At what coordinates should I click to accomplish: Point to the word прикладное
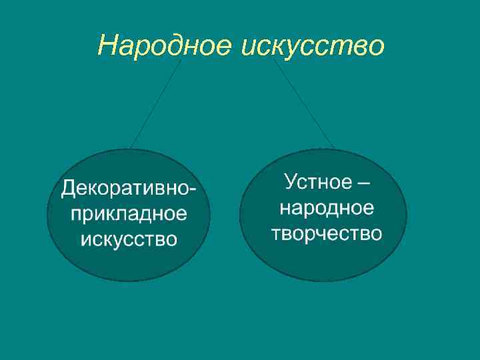click(128, 213)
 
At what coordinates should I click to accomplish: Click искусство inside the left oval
click(128, 238)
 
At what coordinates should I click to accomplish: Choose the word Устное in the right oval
click(315, 181)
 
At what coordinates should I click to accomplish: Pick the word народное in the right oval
click(327, 207)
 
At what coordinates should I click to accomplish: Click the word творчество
click(327, 233)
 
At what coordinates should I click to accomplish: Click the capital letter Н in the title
click(107, 46)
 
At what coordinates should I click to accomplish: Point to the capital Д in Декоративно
click(69, 189)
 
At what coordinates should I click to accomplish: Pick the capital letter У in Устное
click(291, 181)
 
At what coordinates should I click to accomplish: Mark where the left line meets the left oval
click(131, 148)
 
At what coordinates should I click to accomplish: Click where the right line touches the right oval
click(333, 147)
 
